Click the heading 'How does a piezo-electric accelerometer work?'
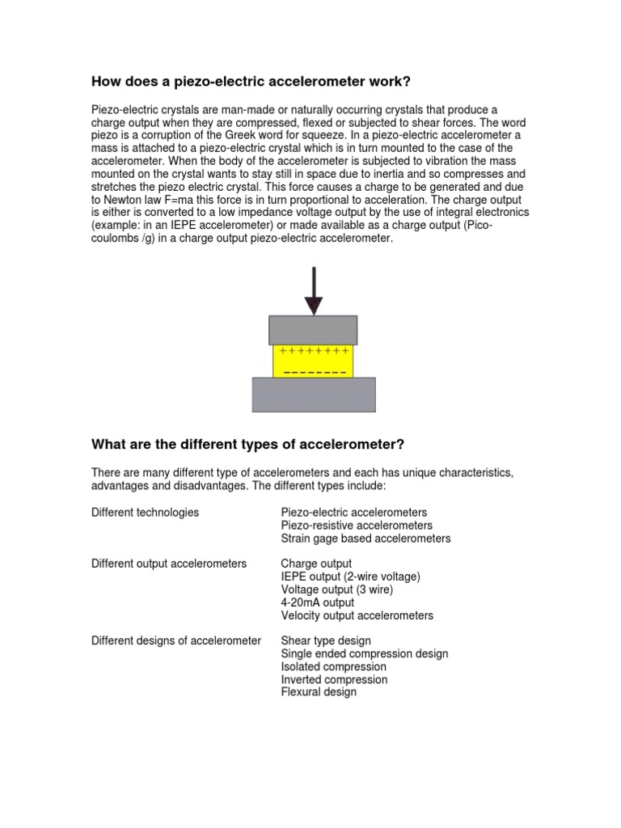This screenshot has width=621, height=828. [x=256, y=81]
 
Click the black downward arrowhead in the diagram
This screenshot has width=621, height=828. [x=314, y=306]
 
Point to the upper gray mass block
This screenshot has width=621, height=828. [x=313, y=330]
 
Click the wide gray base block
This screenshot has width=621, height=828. [x=314, y=394]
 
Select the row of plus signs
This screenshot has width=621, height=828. [x=314, y=352]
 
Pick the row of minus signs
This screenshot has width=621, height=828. [x=314, y=372]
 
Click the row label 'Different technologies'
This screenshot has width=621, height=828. [x=146, y=513]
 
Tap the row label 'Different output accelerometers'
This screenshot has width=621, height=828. [x=169, y=564]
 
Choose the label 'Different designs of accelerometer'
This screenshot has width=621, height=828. [x=176, y=641]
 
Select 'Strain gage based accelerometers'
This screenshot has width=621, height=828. [x=365, y=539]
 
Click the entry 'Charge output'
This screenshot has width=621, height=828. [x=316, y=564]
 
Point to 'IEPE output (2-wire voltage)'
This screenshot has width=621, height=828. [x=350, y=577]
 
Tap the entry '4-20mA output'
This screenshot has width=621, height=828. [x=318, y=602]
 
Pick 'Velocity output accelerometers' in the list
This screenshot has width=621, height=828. [x=357, y=615]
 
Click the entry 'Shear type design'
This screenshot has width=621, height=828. [x=326, y=641]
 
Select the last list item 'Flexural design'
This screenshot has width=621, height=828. [x=319, y=692]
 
